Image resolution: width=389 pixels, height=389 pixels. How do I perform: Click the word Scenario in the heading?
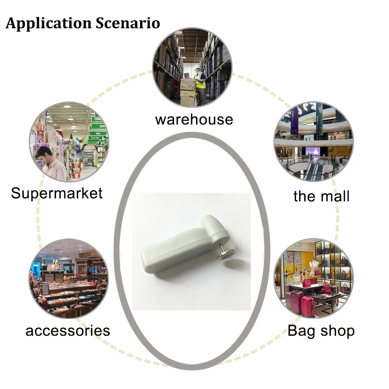click(128, 23)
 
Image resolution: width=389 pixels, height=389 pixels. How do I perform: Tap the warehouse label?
click(194, 119)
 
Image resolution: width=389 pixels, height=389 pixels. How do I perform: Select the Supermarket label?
click(57, 193)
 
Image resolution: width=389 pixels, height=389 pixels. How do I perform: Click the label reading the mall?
click(321, 196)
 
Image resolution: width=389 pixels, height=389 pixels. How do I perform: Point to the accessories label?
click(68, 331)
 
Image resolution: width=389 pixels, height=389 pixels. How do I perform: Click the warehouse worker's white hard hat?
click(197, 68)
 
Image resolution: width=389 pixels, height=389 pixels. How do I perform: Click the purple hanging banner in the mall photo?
click(294, 120)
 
